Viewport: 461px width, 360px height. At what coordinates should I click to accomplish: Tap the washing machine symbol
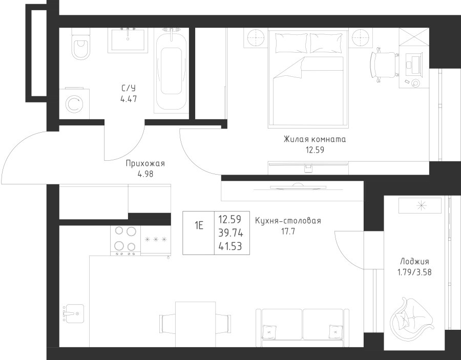74,103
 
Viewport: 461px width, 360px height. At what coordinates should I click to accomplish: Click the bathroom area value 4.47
129,99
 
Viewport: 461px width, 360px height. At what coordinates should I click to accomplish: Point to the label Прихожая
145,163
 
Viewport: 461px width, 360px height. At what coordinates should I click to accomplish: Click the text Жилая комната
315,139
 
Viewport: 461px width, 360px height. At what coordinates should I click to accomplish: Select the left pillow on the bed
291,43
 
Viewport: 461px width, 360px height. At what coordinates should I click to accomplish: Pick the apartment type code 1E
199,226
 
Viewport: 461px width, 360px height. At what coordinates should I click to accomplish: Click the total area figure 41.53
230,246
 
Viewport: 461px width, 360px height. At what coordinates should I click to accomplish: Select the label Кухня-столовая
288,220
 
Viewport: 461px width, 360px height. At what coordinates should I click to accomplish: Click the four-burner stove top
125,240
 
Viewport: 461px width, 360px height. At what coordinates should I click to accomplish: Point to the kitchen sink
73,313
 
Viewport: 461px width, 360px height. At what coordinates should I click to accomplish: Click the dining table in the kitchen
195,324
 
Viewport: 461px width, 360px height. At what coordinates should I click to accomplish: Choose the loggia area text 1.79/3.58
414,272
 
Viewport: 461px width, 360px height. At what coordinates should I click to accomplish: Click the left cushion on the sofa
269,331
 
